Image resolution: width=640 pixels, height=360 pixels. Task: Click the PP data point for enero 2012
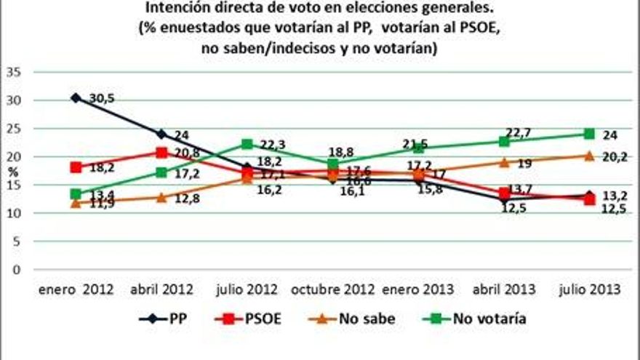(x=76, y=97)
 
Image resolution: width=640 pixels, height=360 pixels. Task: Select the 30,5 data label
(x=101, y=98)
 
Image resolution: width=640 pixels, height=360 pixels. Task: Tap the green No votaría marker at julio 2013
(x=589, y=134)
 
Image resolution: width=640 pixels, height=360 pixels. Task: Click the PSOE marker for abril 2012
(x=161, y=152)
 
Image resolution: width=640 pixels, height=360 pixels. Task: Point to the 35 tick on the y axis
(x=14, y=72)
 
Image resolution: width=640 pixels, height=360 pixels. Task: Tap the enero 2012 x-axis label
(x=76, y=289)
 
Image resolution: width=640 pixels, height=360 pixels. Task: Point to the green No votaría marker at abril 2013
(x=503, y=141)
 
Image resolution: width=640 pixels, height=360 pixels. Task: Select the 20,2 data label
(x=615, y=156)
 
